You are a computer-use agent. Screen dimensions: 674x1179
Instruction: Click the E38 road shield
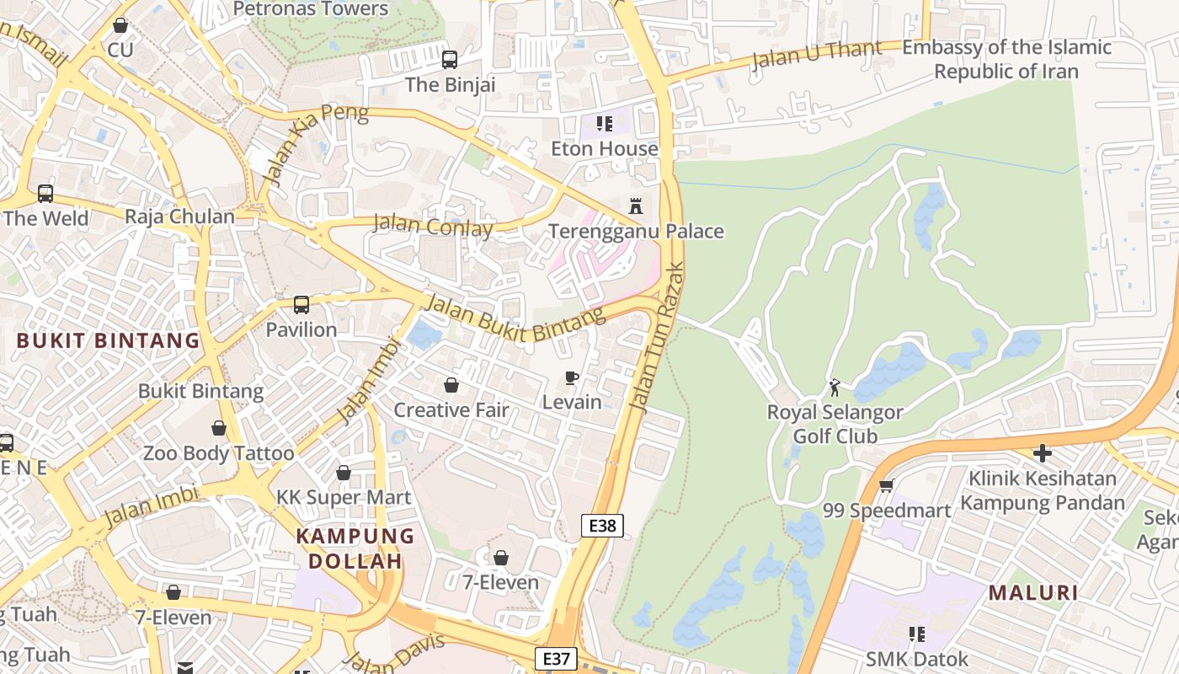click(602, 527)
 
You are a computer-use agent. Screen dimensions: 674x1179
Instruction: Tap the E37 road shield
click(557, 659)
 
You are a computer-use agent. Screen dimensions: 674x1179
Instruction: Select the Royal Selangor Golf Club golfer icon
click(835, 388)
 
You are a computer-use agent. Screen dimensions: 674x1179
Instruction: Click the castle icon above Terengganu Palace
click(636, 206)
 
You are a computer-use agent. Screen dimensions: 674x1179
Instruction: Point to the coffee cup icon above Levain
click(572, 377)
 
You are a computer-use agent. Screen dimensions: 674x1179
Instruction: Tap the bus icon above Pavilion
click(301, 305)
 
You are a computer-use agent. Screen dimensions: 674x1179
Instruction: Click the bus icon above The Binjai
click(450, 60)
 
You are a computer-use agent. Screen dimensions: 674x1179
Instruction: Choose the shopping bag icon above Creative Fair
click(451, 386)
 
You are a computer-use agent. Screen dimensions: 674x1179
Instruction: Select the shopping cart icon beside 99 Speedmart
click(886, 486)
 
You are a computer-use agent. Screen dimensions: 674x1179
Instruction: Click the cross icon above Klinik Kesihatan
click(1043, 454)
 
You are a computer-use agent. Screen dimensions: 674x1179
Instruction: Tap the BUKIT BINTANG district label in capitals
click(109, 341)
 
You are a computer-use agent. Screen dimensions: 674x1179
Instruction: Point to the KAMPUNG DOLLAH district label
click(355, 548)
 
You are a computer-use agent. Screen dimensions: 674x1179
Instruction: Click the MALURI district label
click(1033, 592)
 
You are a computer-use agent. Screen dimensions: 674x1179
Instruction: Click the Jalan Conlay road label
click(432, 227)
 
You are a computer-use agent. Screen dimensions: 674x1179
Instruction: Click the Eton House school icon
click(604, 125)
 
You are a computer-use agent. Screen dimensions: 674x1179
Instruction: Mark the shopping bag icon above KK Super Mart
click(344, 473)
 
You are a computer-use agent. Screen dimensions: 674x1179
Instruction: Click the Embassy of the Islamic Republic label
click(1006, 59)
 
